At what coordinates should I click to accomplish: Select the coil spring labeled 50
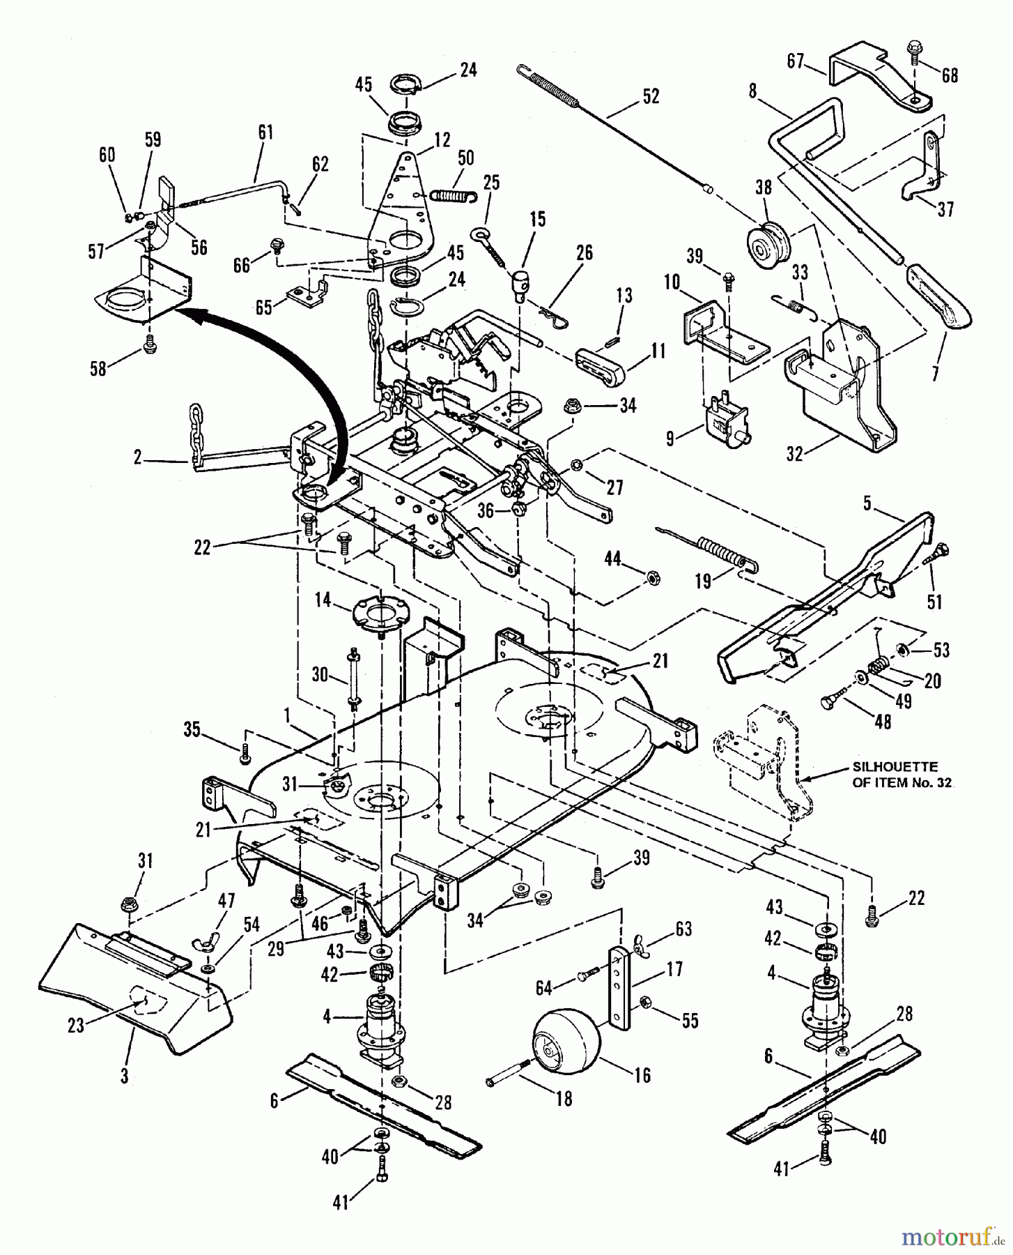(x=453, y=190)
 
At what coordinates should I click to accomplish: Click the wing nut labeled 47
(x=216, y=945)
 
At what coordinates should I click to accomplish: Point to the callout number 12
(x=442, y=139)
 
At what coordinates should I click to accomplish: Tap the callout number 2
(x=137, y=458)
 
